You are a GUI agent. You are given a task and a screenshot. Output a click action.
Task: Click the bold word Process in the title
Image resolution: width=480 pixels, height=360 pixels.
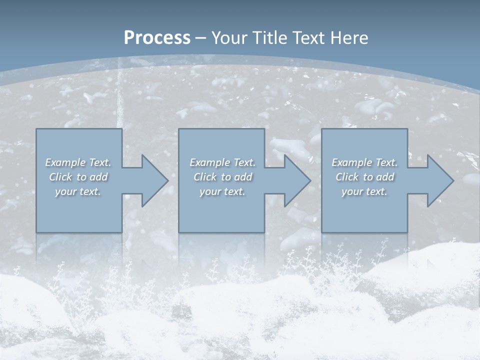157,38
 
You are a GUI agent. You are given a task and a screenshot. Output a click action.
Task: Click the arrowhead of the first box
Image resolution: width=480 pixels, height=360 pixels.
152,180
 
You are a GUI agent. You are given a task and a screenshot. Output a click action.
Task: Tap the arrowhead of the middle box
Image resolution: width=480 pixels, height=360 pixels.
295,180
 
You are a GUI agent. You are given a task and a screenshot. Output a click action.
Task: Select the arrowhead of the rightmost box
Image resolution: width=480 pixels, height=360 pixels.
438,180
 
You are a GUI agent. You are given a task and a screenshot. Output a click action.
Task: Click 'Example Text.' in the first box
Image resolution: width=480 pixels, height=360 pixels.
78,162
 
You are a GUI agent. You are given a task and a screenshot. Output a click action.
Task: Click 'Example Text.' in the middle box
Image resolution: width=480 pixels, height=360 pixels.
222,162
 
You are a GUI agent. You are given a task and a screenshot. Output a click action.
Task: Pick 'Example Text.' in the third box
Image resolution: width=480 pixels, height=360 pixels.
364,162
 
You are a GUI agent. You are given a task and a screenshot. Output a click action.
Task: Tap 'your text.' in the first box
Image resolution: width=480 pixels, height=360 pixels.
78,191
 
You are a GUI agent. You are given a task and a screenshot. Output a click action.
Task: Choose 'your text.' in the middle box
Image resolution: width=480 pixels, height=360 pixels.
222,191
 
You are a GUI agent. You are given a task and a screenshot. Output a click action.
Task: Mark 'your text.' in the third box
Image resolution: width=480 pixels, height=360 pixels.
364,191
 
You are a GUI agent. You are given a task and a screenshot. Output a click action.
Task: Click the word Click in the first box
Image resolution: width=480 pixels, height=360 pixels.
60,177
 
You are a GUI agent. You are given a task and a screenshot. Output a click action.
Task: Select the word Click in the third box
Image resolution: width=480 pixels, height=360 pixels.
347,177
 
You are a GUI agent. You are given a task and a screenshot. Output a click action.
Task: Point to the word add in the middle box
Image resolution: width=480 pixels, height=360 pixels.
243,177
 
